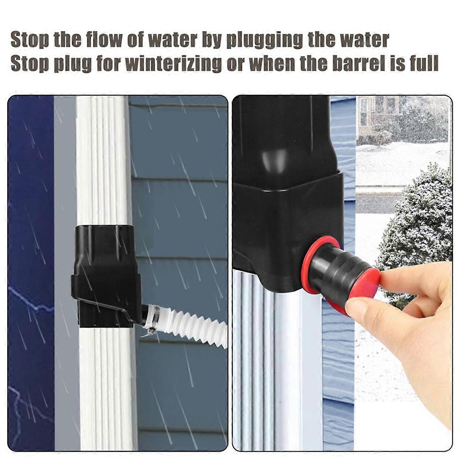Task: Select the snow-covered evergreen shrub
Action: point(415,230)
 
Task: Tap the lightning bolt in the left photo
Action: point(27,300)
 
